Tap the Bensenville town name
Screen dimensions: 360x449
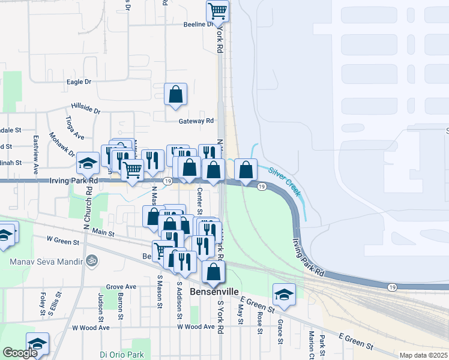[x=214, y=292]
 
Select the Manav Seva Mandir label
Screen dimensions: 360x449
[x=45, y=262]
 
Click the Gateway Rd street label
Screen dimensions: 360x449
[x=196, y=121]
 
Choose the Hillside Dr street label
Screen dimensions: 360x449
[x=85, y=108]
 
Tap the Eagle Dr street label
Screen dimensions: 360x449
[x=79, y=82]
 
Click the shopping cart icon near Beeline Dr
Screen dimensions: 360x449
[x=217, y=10]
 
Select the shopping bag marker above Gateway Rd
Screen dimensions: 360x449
[x=175, y=94]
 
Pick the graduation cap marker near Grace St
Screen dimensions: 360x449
[x=284, y=294]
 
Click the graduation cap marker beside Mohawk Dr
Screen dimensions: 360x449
[x=88, y=163]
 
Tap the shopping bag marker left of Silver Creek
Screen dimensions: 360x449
[x=246, y=170]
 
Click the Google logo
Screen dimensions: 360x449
[x=20, y=353]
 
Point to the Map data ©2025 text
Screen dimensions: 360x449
[x=423, y=355]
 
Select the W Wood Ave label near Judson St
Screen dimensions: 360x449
[x=91, y=328]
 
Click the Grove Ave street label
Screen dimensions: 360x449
[x=121, y=287]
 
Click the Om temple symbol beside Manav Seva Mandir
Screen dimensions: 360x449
[x=92, y=262]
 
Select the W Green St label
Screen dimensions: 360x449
[x=63, y=242]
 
